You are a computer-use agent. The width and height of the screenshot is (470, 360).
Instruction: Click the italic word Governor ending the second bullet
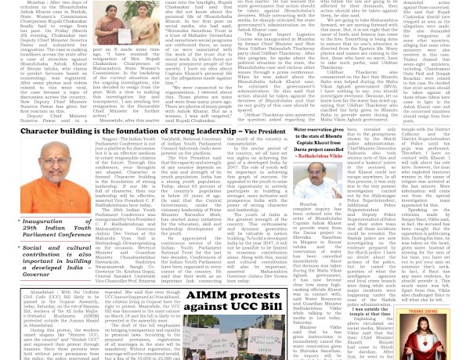(36, 274)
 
